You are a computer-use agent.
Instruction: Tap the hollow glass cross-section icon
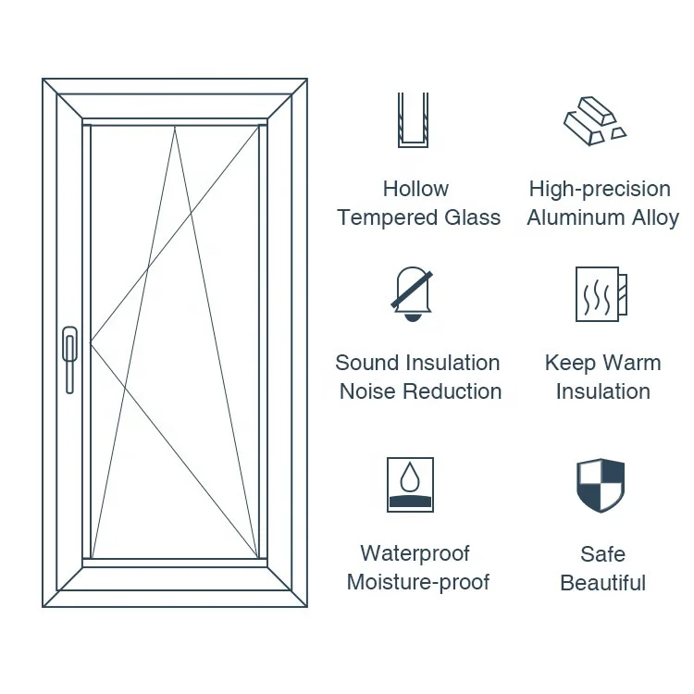(x=412, y=120)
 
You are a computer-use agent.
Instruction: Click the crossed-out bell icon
(x=412, y=294)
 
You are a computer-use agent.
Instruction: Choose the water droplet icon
(x=410, y=484)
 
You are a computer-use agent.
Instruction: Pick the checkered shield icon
(x=601, y=486)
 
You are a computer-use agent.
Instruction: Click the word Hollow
(x=415, y=189)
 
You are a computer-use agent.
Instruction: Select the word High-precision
(x=600, y=189)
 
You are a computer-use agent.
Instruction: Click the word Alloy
(x=655, y=217)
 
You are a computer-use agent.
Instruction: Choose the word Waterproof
(x=415, y=553)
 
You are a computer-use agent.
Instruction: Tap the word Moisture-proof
(x=418, y=582)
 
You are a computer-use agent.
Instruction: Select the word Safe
(x=602, y=554)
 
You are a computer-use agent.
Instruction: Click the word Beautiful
(x=602, y=583)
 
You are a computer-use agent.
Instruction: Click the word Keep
(x=568, y=363)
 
